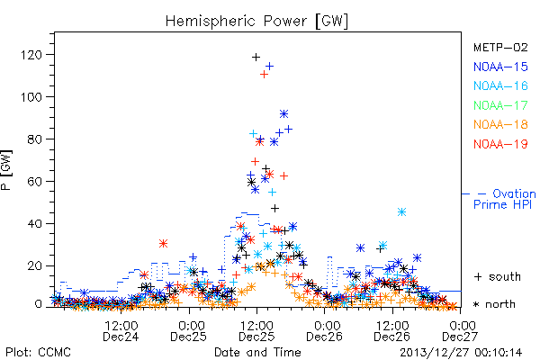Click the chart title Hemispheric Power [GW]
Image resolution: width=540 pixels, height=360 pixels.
(256, 21)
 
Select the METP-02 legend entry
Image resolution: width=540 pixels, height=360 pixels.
(500, 47)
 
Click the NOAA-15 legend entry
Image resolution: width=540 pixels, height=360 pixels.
(500, 67)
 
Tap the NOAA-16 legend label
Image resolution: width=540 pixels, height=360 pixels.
(500, 85)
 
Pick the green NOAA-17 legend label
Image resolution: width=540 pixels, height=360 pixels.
(500, 105)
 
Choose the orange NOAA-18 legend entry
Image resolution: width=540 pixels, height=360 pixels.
(500, 124)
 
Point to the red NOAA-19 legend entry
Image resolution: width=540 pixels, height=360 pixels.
(500, 144)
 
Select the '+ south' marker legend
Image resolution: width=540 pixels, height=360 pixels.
(498, 276)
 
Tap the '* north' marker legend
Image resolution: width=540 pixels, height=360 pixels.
(494, 304)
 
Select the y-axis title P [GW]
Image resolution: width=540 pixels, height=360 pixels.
(6, 170)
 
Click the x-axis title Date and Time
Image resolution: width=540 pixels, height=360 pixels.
(257, 352)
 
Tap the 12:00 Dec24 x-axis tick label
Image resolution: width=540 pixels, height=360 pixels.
(121, 330)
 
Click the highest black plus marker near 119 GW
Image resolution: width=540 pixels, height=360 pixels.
(256, 58)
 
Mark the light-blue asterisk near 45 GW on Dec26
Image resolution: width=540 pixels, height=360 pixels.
(401, 211)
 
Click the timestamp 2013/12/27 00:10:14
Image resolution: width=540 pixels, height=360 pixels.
(461, 353)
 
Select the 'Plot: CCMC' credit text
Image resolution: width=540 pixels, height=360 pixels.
(38, 353)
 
